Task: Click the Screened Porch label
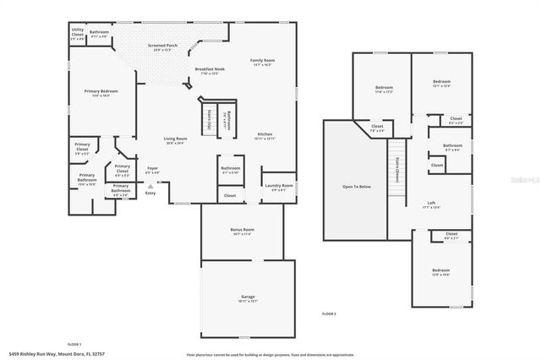[162, 46]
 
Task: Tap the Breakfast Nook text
[210, 69]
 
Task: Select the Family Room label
[263, 60]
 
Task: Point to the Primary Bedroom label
[101, 91]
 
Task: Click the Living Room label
[175, 139]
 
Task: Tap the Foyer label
[153, 168]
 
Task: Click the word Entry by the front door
[150, 194]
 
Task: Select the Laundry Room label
[278, 185]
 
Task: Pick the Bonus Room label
[242, 229]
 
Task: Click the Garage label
[248, 297]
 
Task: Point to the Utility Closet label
[77, 35]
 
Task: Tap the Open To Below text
[356, 186]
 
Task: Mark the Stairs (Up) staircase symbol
[208, 118]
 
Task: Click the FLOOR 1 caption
[74, 344]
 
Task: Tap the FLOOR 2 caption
[329, 314]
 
